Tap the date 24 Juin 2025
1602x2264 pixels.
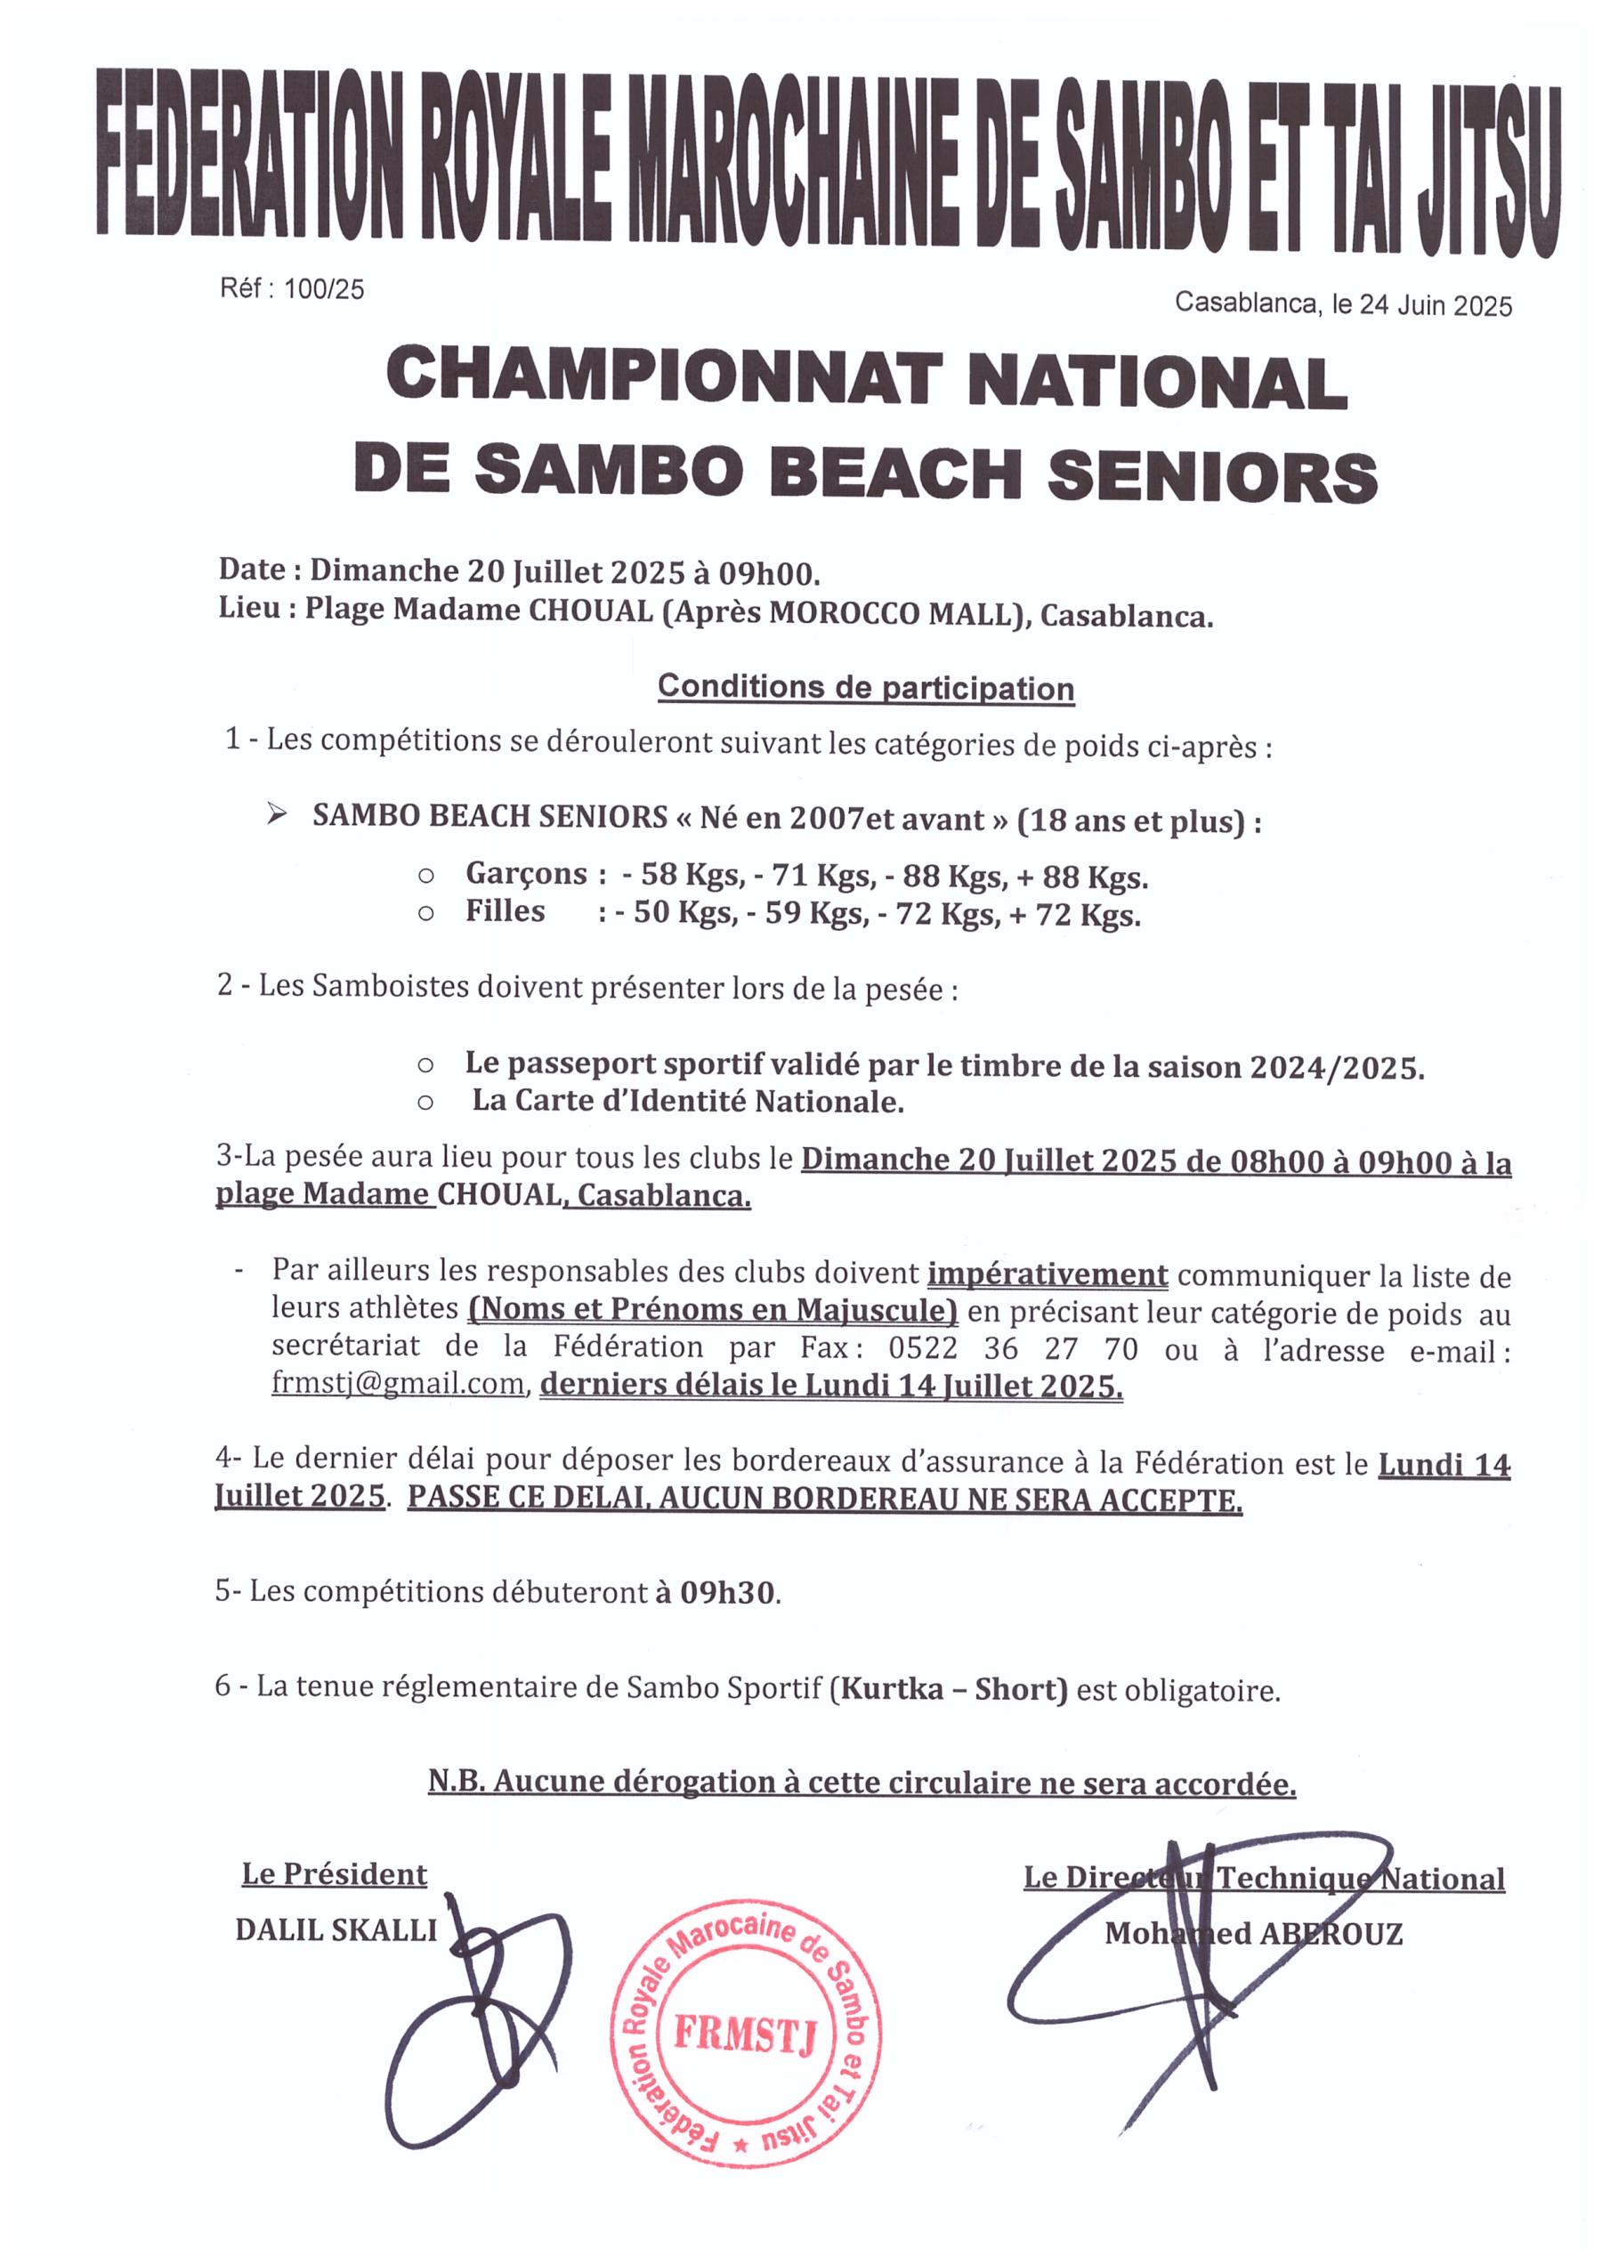(x=1436, y=306)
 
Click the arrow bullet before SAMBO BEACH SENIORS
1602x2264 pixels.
(x=277, y=815)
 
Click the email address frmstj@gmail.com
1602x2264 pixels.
(x=398, y=1384)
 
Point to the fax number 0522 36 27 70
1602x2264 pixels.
(x=1013, y=1348)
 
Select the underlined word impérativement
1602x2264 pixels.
(x=1048, y=1274)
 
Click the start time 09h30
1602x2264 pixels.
(x=728, y=1592)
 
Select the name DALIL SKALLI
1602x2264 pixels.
(x=336, y=1930)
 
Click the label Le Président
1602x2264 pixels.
(x=335, y=1874)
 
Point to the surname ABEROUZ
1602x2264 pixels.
(x=1331, y=1934)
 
